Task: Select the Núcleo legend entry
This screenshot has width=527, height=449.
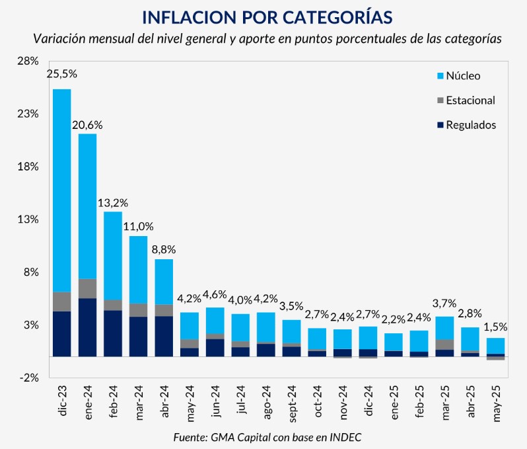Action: click(463, 75)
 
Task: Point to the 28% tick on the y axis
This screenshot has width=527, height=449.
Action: click(29, 61)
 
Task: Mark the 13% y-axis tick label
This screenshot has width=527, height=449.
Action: click(29, 220)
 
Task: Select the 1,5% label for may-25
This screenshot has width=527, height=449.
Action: click(495, 327)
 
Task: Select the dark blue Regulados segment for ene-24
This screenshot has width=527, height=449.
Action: click(87, 327)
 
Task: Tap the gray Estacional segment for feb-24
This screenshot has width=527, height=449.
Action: click(113, 305)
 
